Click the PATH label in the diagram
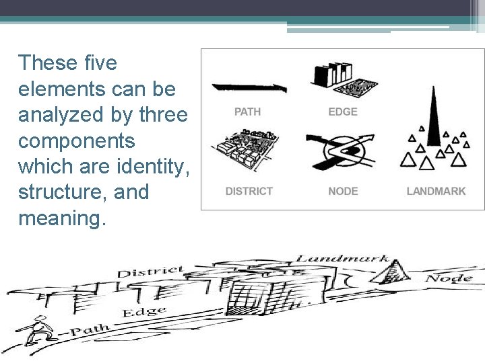[x=247, y=112]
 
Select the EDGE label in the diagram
[x=343, y=112]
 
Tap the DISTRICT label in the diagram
[x=249, y=191]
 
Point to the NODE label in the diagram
[x=343, y=191]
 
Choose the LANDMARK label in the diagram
[x=436, y=191]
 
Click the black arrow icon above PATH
[x=249, y=87]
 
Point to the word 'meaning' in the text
[x=61, y=218]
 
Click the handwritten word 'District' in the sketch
[x=150, y=272]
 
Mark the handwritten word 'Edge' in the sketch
[x=144, y=311]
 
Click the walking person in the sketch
[x=35, y=330]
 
